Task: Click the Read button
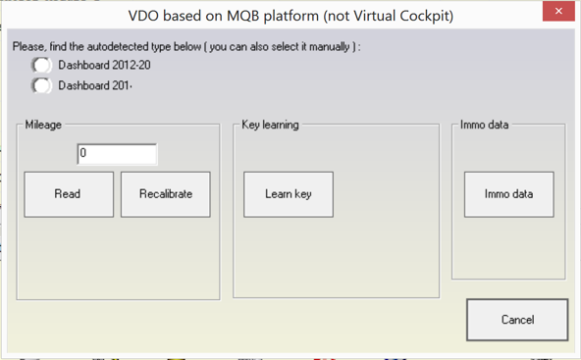[x=68, y=194]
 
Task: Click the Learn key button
[x=288, y=194]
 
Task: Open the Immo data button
[x=508, y=194]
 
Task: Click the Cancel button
[x=516, y=320]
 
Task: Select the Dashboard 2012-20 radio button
[x=41, y=65]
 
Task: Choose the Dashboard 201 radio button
[x=41, y=85]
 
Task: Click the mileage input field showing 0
[x=116, y=154]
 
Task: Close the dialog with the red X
[x=557, y=13]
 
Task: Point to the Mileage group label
[x=44, y=126]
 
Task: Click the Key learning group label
[x=270, y=126]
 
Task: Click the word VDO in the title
[x=146, y=17]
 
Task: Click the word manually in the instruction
[x=321, y=46]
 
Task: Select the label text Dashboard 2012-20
[x=104, y=66]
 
